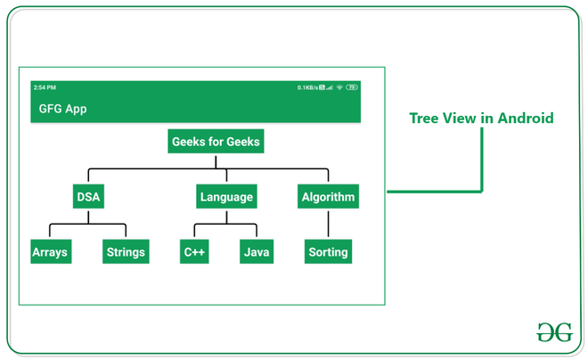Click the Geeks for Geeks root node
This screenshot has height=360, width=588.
coord(216,142)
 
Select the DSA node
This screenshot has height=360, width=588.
coord(88,197)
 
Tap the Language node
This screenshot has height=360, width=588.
coord(226,197)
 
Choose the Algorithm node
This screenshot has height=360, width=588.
coord(328,197)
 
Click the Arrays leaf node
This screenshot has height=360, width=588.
coord(49,252)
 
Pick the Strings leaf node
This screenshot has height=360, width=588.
coord(126,252)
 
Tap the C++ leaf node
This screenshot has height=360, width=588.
coord(194,252)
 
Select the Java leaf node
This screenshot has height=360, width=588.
coord(257,252)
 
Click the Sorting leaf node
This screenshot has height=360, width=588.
coord(328,252)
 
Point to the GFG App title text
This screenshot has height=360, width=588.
coord(62,109)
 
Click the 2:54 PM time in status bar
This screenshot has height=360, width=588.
coord(45,87)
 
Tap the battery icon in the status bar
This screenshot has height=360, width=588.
coord(352,87)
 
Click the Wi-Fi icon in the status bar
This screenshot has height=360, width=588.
coord(339,87)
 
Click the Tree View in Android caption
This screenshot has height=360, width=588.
coord(481,119)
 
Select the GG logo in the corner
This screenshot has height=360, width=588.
coord(554,332)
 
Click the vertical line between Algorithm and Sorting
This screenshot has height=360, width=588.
coord(328,225)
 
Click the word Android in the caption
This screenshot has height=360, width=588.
coord(526,119)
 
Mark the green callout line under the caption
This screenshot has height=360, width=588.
coord(482,160)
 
